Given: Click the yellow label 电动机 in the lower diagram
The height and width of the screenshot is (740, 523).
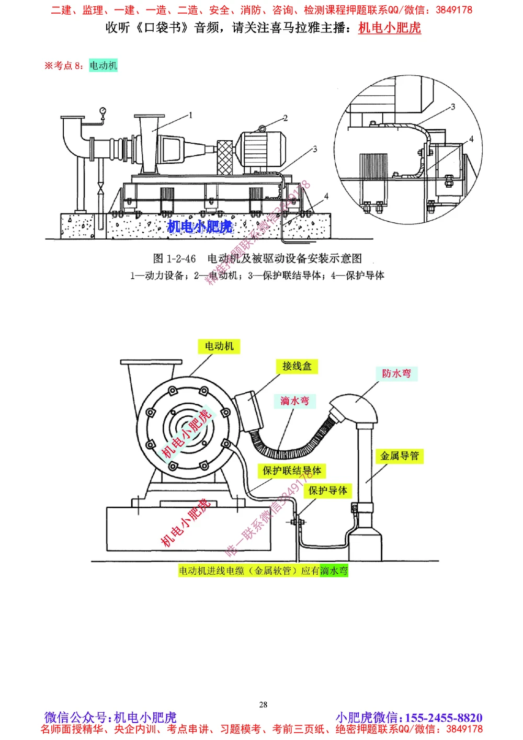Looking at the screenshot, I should pyautogui.click(x=219, y=346).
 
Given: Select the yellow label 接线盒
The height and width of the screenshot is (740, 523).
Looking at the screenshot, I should pyautogui.click(x=297, y=366).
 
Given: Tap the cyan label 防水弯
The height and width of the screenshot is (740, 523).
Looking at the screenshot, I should pyautogui.click(x=396, y=373).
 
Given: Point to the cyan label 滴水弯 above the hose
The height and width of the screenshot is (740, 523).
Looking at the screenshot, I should pyautogui.click(x=294, y=401).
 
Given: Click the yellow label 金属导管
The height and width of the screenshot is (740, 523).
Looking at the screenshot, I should pyautogui.click(x=400, y=456).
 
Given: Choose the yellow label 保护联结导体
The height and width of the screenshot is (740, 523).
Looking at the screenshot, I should pyautogui.click(x=292, y=471).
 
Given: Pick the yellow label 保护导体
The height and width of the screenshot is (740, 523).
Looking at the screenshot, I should pyautogui.click(x=327, y=491).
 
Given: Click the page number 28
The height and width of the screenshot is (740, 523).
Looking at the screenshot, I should pyautogui.click(x=263, y=704).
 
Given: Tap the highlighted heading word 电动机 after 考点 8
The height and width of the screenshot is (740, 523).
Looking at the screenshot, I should pyautogui.click(x=103, y=65).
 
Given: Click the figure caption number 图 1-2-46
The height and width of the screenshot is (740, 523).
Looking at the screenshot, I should pyautogui.click(x=174, y=259).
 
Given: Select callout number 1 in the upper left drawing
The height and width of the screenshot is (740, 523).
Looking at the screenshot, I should pyautogui.click(x=191, y=115).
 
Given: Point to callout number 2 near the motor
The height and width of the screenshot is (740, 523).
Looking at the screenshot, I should pyautogui.click(x=286, y=118).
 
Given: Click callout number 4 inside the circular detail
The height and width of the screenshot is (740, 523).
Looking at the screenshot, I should pyautogui.click(x=471, y=139).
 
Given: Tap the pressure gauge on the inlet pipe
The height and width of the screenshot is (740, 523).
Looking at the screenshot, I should pyautogui.click(x=103, y=111).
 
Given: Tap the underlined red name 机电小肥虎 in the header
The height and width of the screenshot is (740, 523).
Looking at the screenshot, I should pyautogui.click(x=390, y=28).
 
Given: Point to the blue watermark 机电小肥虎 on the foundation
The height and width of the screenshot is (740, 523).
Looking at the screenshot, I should pyautogui.click(x=200, y=226).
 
